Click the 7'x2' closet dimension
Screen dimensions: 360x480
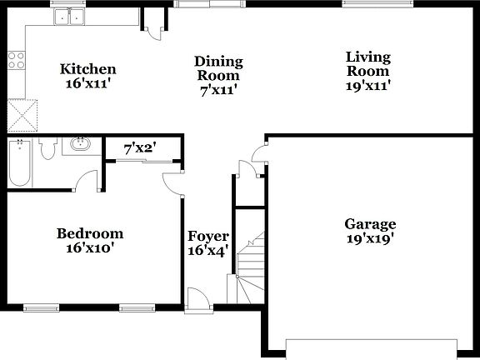140,149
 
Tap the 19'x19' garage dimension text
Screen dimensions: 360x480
370,237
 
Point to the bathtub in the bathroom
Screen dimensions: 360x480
18,162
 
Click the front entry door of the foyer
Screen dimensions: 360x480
198,299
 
